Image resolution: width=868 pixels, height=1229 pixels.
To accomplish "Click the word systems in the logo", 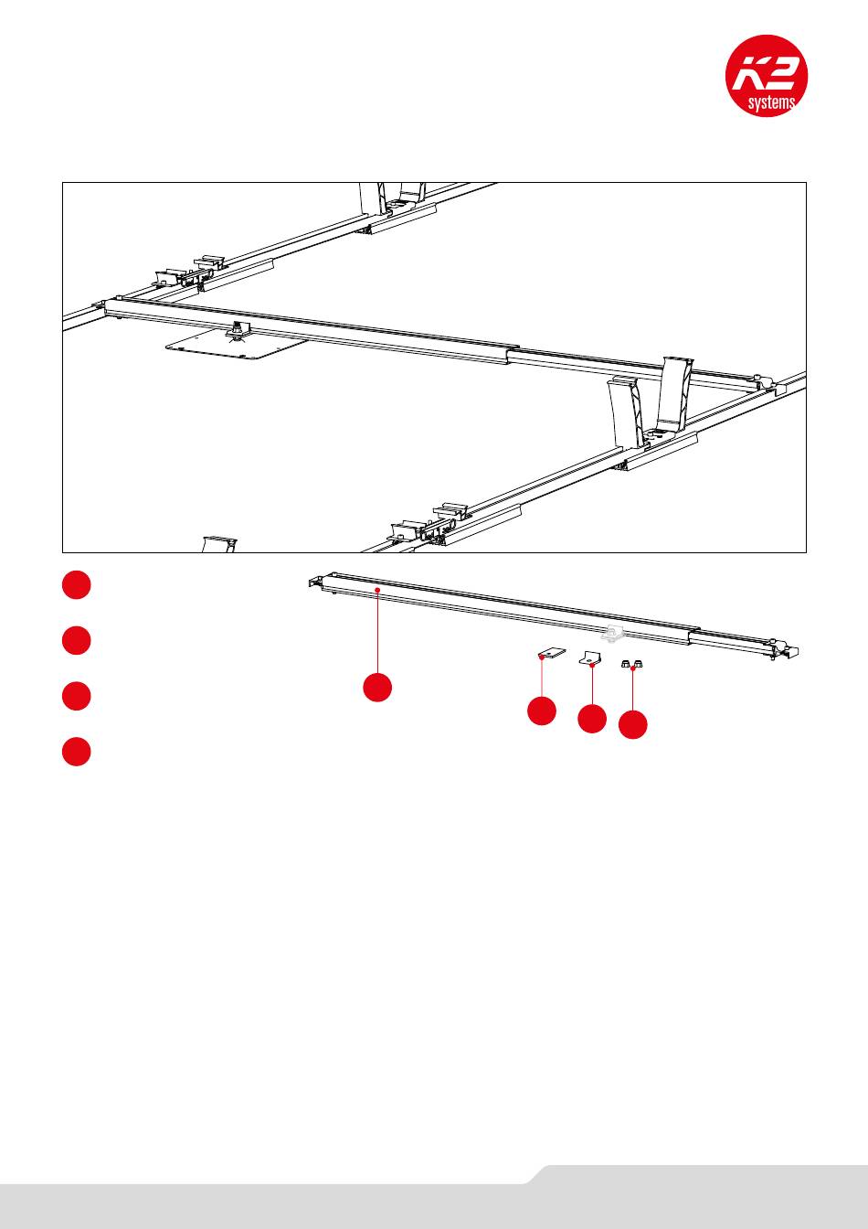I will (770, 102).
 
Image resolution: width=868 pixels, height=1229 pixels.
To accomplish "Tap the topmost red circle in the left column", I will (77, 586).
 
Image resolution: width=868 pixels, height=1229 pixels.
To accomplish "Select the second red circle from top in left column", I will (77, 641).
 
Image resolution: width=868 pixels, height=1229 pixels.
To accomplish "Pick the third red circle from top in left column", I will (77, 696).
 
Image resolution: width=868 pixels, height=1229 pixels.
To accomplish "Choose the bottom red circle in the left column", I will (77, 751).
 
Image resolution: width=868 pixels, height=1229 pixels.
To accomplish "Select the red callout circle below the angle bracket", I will (592, 719).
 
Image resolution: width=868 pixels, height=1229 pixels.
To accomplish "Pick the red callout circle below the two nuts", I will (632, 725).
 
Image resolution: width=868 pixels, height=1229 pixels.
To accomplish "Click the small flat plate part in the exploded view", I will (551, 655).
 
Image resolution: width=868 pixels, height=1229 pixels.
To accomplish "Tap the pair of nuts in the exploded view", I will (630, 664).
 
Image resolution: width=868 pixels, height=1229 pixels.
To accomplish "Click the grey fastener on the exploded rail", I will (609, 633).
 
